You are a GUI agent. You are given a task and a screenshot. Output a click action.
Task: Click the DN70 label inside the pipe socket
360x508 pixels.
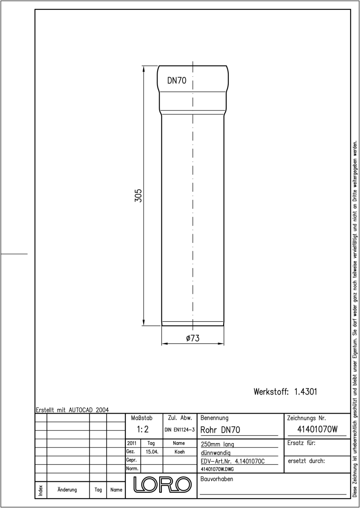177,80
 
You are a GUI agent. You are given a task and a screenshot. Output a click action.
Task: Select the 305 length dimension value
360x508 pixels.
138,196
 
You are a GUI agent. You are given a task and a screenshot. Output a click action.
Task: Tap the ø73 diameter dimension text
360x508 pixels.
193,338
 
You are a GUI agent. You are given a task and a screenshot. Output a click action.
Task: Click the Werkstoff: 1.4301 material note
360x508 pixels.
285,392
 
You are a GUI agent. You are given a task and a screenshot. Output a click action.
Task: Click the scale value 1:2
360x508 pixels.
143,429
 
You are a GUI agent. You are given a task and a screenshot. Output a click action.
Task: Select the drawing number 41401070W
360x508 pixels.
317,429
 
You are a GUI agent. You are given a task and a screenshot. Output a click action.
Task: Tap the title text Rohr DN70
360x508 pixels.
220,430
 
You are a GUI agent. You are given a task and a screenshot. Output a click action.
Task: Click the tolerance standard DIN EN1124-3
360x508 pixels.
180,430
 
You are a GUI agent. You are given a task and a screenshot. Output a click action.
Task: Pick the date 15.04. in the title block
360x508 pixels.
152,452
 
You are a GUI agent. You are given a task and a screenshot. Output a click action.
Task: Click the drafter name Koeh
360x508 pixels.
180,452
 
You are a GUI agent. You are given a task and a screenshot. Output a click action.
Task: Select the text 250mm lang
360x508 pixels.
217,444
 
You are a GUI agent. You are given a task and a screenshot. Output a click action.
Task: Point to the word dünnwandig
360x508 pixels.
216,453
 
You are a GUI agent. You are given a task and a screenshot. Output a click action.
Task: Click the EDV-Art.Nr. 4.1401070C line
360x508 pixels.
233,461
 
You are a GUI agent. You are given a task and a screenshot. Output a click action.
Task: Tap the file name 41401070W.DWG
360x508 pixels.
217,469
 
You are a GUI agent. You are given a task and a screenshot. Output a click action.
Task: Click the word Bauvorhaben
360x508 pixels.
216,479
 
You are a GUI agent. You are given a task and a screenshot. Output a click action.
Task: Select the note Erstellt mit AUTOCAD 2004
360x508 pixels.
72,410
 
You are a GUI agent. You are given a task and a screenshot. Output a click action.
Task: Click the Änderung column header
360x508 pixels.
67,490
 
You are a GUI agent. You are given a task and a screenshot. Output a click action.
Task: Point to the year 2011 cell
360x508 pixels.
132,443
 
